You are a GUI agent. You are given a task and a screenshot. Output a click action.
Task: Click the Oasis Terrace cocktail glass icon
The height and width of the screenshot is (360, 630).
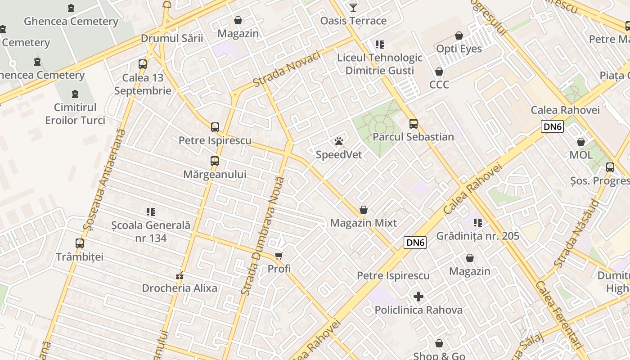click(353, 8)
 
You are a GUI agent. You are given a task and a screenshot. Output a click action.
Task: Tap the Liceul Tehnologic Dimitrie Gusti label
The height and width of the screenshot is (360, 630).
click(380, 64)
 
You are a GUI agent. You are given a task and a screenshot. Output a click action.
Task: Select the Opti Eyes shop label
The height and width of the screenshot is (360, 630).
click(459, 49)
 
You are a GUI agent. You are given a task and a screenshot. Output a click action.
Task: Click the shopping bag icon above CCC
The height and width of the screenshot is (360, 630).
click(439, 72)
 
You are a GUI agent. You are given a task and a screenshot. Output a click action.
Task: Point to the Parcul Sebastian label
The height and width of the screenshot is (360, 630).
click(413, 137)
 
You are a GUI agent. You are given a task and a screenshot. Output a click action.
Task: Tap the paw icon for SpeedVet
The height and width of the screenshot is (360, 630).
click(339, 142)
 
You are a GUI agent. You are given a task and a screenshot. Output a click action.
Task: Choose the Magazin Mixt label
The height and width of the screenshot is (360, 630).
click(364, 223)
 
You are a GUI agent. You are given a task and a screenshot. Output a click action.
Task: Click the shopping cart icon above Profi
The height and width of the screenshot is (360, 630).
click(279, 256)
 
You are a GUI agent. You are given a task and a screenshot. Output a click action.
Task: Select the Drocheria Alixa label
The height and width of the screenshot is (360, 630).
click(180, 288)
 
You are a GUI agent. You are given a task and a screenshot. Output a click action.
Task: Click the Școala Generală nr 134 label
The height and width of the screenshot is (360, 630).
click(151, 231)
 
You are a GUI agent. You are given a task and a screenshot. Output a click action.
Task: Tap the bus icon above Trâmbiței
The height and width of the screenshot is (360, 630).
click(80, 243)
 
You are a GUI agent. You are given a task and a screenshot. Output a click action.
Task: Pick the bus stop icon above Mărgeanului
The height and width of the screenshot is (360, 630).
click(215, 161)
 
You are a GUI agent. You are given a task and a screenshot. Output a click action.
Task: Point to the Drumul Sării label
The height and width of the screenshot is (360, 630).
click(172, 38)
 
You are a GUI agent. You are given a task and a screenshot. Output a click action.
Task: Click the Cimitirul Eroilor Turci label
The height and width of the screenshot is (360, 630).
click(75, 114)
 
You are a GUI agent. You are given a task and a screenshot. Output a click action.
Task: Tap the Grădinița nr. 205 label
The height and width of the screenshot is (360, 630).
click(478, 236)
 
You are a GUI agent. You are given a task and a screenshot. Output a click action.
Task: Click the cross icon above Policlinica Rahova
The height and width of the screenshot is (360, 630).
click(418, 297)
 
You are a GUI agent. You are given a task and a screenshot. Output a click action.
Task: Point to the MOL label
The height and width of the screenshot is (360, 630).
click(581, 155)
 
